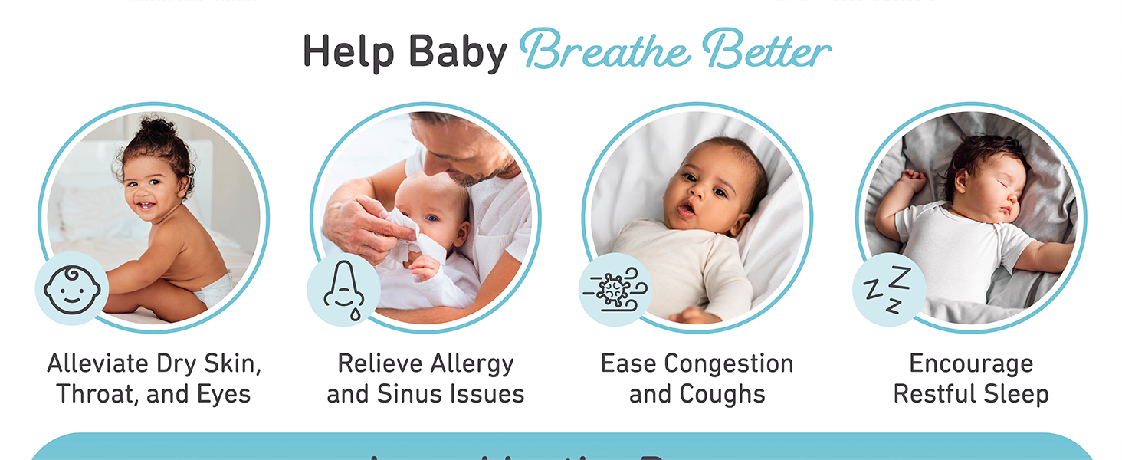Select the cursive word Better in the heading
coord(766,51)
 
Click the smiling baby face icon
coord(71,289)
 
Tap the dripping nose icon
coord(343,290)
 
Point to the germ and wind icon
coord(615,290)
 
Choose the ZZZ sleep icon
coord(887,290)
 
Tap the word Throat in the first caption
coord(90,394)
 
